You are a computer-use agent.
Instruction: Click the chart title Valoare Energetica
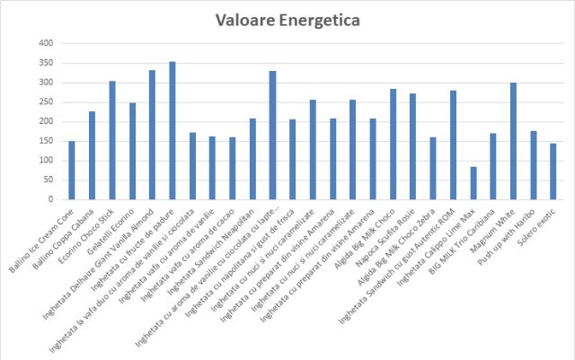point(287,19)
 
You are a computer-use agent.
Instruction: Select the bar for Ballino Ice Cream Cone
point(72,170)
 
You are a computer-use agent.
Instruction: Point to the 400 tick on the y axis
point(47,43)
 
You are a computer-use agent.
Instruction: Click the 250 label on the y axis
point(47,102)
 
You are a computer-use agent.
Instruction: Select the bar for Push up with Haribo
point(534,166)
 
